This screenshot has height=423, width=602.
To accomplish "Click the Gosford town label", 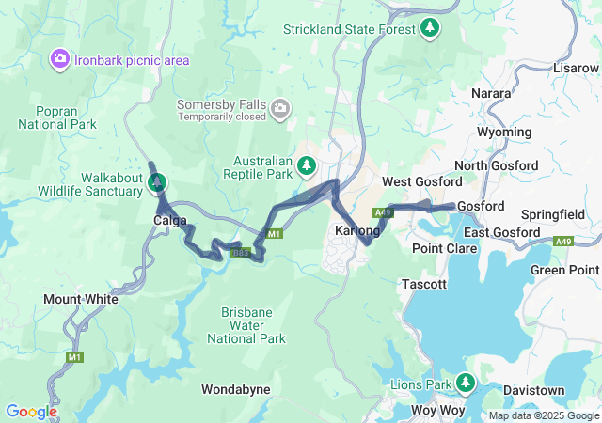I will pyautogui.click(x=481, y=206).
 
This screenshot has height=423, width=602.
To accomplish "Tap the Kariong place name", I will pyautogui.click(x=357, y=230).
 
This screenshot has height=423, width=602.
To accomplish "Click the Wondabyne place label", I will pyautogui.click(x=236, y=388).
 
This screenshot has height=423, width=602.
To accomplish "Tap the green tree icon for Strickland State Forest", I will pyautogui.click(x=431, y=27).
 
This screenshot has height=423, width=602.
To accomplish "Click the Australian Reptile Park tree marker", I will pyautogui.click(x=306, y=167).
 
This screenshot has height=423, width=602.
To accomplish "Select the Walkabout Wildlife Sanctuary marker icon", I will pyautogui.click(x=156, y=180).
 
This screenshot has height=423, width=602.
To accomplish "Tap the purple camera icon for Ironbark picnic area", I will pyautogui.click(x=60, y=60).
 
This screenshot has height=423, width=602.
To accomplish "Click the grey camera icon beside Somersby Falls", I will pyautogui.click(x=279, y=112).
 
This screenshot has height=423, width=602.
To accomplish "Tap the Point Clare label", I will pyautogui.click(x=444, y=248).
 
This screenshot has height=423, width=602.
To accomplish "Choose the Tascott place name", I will pyautogui.click(x=423, y=283).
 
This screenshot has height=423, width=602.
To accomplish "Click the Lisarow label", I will pyautogui.click(x=576, y=69).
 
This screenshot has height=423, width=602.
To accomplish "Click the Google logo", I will pyautogui.click(x=31, y=412).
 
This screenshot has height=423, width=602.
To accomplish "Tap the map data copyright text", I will pyautogui.click(x=544, y=415).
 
